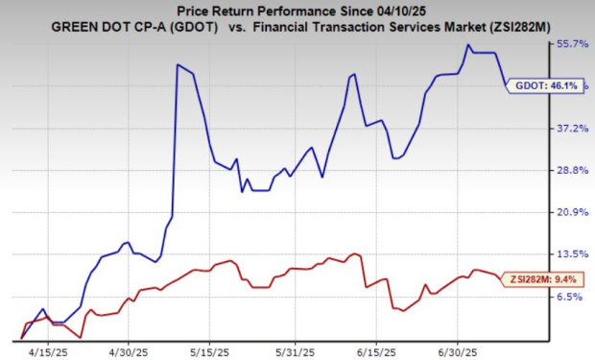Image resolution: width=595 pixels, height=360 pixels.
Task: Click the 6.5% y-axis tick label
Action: [575, 296]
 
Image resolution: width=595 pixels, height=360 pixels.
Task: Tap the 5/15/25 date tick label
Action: [215, 350]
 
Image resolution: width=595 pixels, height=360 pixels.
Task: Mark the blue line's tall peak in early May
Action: [178, 65]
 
